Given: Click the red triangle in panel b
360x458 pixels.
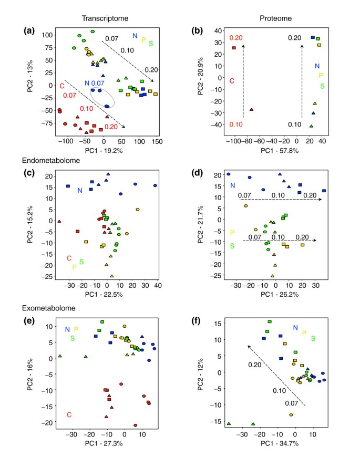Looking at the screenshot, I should [251, 109].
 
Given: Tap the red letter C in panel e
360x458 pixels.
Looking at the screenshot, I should [69, 414].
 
